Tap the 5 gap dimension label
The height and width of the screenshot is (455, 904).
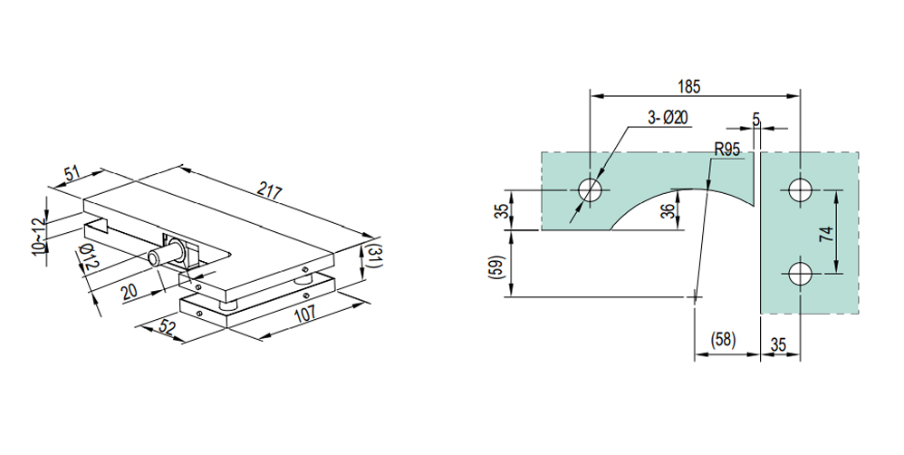coord(756,118)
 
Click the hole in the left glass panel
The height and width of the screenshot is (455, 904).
coord(591,190)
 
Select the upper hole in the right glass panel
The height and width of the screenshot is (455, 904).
coord(799,190)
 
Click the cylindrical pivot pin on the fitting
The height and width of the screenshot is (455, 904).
coord(163,257)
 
